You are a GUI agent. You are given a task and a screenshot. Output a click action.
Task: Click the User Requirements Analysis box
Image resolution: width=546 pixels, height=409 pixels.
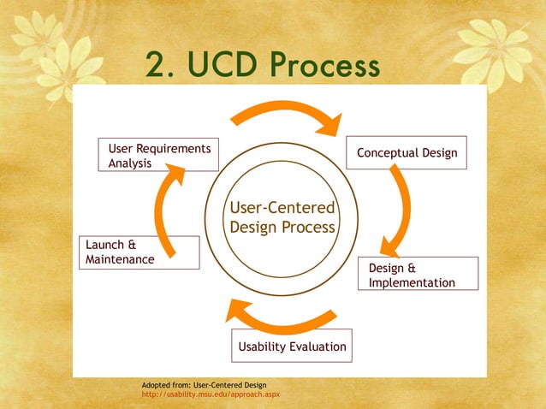158,155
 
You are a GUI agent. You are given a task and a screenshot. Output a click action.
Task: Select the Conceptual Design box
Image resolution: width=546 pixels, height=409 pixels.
407,153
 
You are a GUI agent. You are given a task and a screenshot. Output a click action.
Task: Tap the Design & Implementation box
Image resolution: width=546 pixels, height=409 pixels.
418,274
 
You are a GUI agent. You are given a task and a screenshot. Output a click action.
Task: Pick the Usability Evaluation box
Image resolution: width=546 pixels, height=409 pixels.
292,347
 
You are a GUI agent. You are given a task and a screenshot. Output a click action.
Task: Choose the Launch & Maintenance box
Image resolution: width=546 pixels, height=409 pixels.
139,252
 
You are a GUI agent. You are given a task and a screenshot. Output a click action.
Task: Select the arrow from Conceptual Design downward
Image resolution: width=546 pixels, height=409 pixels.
398,210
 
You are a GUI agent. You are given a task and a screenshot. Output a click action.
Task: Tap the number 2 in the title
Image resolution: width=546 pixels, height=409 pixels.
157,65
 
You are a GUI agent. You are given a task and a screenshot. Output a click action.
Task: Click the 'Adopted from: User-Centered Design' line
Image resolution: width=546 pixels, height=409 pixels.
204,385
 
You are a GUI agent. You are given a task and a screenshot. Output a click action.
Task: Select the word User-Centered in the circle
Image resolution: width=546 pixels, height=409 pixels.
282,209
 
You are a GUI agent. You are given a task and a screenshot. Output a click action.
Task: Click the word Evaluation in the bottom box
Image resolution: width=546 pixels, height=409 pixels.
317,347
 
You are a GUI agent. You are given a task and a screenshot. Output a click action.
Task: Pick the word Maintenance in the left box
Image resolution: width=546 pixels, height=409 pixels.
120,259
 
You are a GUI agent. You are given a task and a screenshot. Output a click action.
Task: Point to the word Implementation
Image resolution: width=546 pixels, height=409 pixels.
412,282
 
